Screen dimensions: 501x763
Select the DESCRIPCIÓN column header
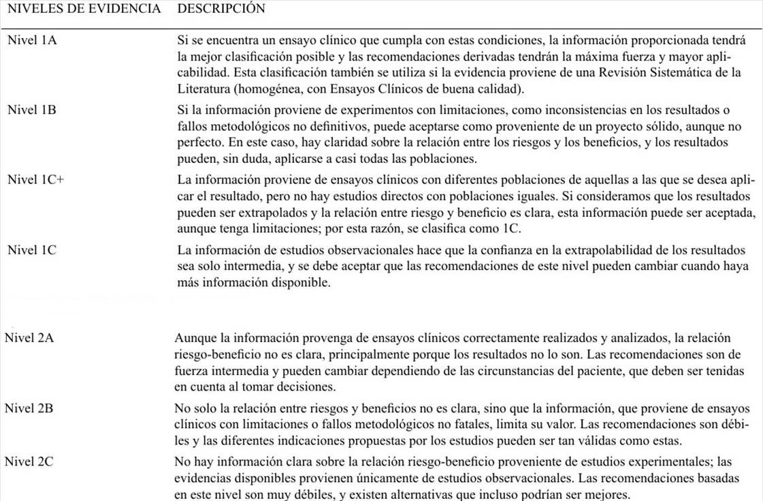coord(221,10)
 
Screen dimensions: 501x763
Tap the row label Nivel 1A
coord(32,40)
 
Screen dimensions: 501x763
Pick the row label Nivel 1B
coord(32,110)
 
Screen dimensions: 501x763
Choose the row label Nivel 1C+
coord(35,180)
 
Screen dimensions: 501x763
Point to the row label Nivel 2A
coord(29,338)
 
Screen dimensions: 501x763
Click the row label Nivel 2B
coord(29,408)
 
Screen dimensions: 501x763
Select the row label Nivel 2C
coord(29,462)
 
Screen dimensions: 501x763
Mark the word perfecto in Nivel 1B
coord(197,143)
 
